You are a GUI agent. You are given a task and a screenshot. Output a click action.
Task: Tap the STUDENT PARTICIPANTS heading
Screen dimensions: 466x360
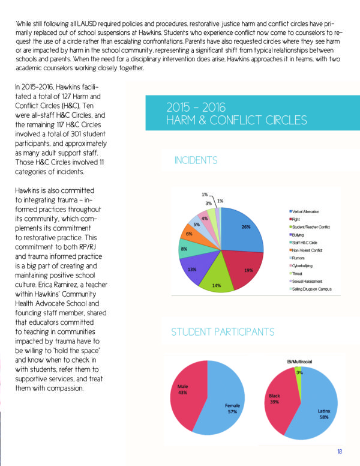click(x=223, y=332)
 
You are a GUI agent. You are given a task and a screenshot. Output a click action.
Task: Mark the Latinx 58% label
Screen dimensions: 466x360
click(x=325, y=414)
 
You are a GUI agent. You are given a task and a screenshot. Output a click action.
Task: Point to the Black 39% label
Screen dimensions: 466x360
click(x=274, y=399)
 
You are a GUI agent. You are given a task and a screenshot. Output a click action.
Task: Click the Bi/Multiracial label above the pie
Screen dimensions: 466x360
click(x=299, y=361)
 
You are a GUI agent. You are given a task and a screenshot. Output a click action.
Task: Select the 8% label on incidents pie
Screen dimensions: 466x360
click(x=185, y=248)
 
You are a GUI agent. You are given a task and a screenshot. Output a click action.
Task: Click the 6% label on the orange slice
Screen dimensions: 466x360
click(x=189, y=233)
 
